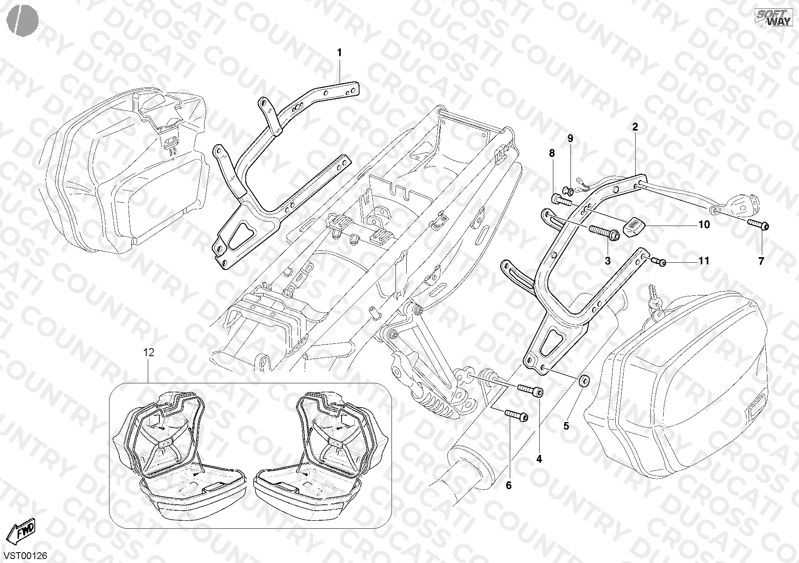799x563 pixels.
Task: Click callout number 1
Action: (340, 53)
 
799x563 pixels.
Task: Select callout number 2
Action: (635, 127)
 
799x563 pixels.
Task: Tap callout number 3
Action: (608, 262)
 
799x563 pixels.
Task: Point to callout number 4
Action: (539, 460)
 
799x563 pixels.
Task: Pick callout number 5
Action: (566, 426)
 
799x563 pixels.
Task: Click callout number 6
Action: (509, 486)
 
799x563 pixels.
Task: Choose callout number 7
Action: (761, 262)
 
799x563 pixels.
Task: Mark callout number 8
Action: (552, 153)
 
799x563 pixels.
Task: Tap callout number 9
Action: (570, 139)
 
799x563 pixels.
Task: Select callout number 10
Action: (704, 225)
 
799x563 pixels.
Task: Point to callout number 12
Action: (149, 353)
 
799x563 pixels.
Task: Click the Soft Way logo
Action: (773, 18)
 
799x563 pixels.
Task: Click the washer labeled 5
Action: (583, 381)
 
